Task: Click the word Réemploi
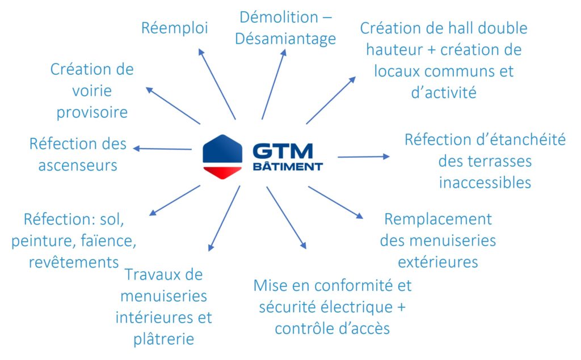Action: pos(174,28)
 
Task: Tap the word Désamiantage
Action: pos(285,39)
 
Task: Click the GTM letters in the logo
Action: pos(283,151)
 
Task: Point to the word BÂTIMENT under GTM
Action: pos(287,167)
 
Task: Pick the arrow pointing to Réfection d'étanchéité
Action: pos(364,156)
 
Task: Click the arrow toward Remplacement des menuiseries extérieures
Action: pos(335,202)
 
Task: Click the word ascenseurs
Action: pos(74,166)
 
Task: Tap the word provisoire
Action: pos(91,112)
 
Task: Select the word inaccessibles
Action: pos(485,183)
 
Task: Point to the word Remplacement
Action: pos(437,219)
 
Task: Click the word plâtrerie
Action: pos(164,339)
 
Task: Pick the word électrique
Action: pos(356,307)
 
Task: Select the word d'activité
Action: pos(443,93)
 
